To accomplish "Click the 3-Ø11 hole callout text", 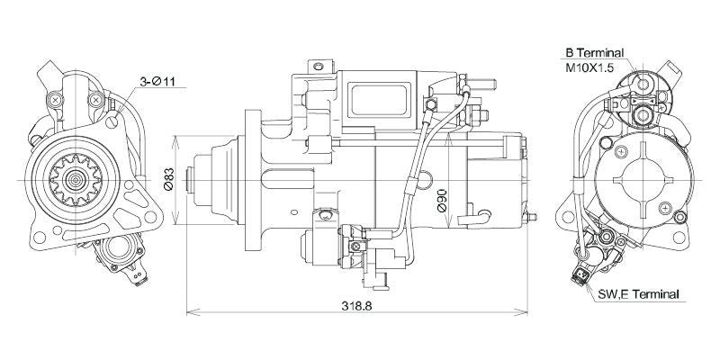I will pyautogui.click(x=162, y=83).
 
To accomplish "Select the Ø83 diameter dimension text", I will pyautogui.click(x=168, y=180).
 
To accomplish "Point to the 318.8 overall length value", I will pyautogui.click(x=355, y=306).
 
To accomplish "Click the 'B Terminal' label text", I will pyautogui.click(x=595, y=53).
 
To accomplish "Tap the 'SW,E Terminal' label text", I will pyautogui.click(x=640, y=294).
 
